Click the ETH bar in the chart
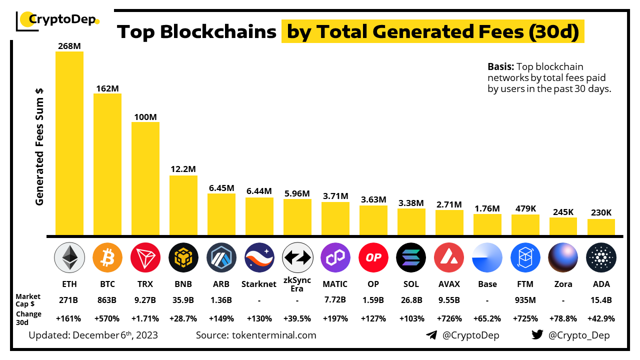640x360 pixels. tap(69, 143)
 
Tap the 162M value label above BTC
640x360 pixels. tap(107, 88)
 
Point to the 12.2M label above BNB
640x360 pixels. tap(183, 169)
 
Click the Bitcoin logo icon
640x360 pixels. tap(107, 257)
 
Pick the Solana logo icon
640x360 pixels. tap(411, 257)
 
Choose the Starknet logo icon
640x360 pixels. tap(259, 257)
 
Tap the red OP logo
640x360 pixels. tap(373, 257)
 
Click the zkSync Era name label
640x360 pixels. tap(297, 284)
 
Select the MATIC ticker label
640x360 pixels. tap(335, 284)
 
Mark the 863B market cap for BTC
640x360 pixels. tap(107, 300)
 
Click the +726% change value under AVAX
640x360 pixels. tap(449, 318)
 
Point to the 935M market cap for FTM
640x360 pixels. tap(525, 300)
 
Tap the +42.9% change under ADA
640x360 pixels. tap(601, 318)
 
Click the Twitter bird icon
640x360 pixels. tap(537, 335)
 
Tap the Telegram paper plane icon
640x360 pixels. tap(431, 335)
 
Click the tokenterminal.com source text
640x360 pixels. tap(274, 335)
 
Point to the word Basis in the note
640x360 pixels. tap(500, 66)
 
